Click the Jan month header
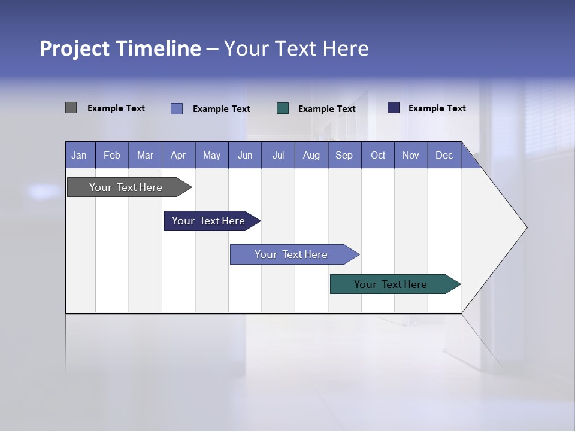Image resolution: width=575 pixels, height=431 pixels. (x=80, y=155)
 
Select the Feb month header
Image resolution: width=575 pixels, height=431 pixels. (x=112, y=155)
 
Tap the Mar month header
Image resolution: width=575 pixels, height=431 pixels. (x=145, y=155)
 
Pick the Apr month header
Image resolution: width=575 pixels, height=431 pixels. (x=178, y=155)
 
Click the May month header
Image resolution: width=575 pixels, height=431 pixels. (x=211, y=155)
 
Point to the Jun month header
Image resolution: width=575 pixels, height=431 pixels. (x=245, y=155)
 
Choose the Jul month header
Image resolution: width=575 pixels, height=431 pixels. (x=278, y=155)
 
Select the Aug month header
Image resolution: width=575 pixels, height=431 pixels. (x=311, y=155)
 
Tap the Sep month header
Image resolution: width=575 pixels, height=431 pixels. (x=344, y=155)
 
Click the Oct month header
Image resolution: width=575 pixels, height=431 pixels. (x=378, y=155)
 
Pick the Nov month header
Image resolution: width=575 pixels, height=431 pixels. (x=411, y=155)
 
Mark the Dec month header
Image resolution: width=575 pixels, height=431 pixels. (x=444, y=155)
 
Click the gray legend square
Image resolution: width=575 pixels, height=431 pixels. (x=71, y=108)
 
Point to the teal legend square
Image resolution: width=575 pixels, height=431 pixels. (x=283, y=108)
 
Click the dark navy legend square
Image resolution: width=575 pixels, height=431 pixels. (x=394, y=108)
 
